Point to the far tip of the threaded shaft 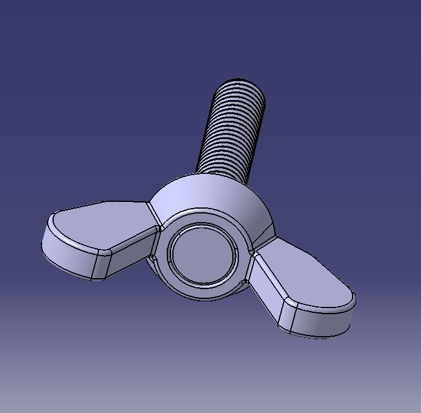click(240, 82)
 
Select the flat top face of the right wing click(312, 275)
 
